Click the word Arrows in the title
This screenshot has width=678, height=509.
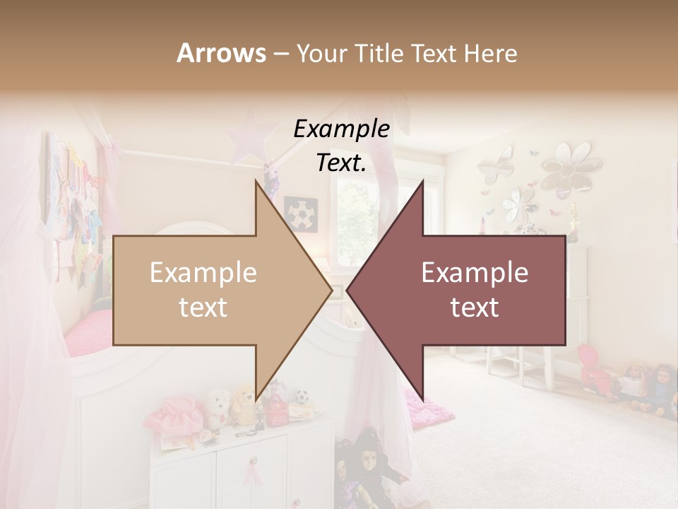tap(221, 53)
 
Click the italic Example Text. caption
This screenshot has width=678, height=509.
tap(341, 146)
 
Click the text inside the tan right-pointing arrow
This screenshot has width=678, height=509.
tap(203, 290)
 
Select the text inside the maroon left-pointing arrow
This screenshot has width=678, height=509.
tap(474, 290)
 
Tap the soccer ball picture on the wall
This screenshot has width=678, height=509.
tap(301, 213)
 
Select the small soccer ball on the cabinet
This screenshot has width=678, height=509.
tap(303, 397)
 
